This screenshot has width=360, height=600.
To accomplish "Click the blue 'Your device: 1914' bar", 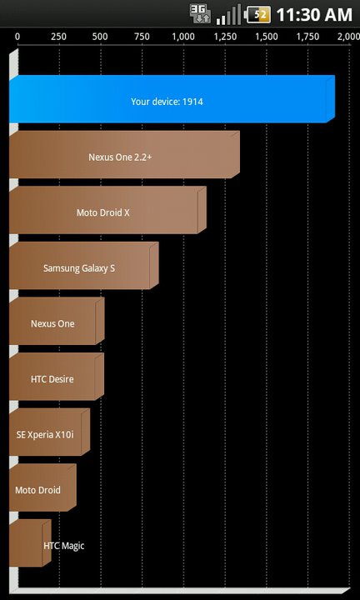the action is tap(172, 99).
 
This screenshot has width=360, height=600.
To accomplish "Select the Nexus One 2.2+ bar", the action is tap(124, 155).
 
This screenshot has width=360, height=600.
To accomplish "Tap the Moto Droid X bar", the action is tap(107, 210).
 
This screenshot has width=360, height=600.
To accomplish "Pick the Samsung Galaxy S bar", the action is tap(84, 266).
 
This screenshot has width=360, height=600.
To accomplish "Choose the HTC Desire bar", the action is tap(57, 377).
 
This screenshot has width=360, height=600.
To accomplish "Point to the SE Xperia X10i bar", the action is tap(50, 432).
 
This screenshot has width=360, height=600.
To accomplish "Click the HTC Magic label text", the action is tap(64, 546).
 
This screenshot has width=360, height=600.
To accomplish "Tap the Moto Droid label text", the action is tap(37, 490).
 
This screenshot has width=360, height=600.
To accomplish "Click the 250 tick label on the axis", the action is tap(58, 37).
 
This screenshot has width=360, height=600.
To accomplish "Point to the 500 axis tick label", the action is tap(100, 37).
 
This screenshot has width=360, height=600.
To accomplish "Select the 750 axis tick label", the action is tap(142, 37).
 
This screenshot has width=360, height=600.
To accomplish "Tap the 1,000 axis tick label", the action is tap(182, 37).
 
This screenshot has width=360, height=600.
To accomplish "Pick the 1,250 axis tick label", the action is tap(224, 37).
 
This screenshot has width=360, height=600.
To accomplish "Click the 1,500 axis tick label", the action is tap(267, 37).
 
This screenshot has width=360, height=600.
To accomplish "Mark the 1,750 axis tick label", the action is tap(307, 37).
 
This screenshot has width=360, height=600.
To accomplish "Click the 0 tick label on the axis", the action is tap(17, 37).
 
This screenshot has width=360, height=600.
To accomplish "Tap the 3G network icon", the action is tap(200, 15).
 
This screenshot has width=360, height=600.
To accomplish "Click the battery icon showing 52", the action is tap(257, 15).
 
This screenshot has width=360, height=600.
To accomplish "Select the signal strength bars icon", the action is tap(229, 15).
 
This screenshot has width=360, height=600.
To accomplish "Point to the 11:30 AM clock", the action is tap(313, 15).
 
